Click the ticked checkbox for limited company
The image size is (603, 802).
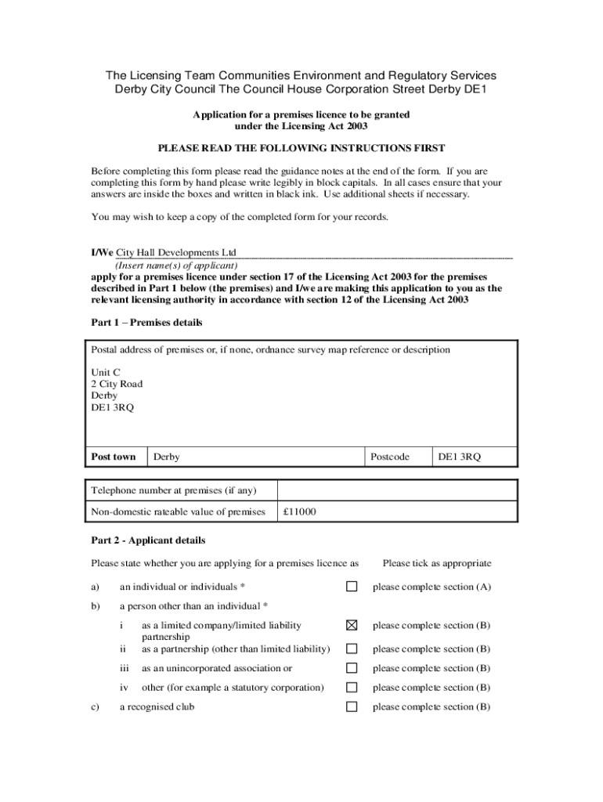pyautogui.click(x=352, y=625)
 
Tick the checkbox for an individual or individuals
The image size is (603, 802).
pyautogui.click(x=352, y=587)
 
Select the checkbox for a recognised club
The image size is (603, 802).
pyautogui.click(x=352, y=706)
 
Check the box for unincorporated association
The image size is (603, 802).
pyautogui.click(x=352, y=668)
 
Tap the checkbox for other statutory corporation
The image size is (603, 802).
pyautogui.click(x=352, y=688)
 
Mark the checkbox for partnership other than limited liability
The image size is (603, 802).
pyautogui.click(x=352, y=648)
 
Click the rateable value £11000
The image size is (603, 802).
pyautogui.click(x=300, y=511)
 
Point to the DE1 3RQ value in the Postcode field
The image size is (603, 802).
pyautogui.click(x=459, y=457)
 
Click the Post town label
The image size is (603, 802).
pyautogui.click(x=114, y=457)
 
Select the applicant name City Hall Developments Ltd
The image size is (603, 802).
pyautogui.click(x=176, y=252)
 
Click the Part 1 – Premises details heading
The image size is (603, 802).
pyautogui.click(x=146, y=323)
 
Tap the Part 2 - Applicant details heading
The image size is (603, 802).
pyautogui.click(x=148, y=540)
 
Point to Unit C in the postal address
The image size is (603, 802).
pyautogui.click(x=106, y=372)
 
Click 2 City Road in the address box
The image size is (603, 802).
pyautogui.click(x=117, y=384)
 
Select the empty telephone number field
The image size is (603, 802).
pyautogui.click(x=397, y=490)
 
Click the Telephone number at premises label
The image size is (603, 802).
pyautogui.click(x=174, y=490)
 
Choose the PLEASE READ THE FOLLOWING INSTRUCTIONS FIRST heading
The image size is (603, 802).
pyautogui.click(x=301, y=148)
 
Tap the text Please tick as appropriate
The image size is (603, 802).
pyautogui.click(x=436, y=563)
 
